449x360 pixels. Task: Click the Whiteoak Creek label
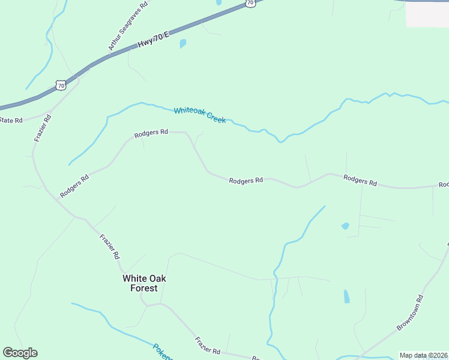tap(200, 115)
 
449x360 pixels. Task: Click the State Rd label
tap(11, 120)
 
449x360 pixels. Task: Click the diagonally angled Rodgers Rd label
tap(74, 186)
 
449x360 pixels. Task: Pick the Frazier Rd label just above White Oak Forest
tap(109, 247)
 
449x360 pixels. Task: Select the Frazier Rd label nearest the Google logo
tap(207, 345)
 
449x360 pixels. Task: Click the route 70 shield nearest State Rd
tap(61, 86)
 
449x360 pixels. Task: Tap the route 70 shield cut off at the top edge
tap(251, 3)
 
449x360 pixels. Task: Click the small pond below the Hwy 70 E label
tap(183, 44)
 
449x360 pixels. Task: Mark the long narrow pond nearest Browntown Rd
tap(346, 296)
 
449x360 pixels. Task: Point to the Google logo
tap(20, 353)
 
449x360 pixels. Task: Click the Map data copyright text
tap(424, 355)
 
